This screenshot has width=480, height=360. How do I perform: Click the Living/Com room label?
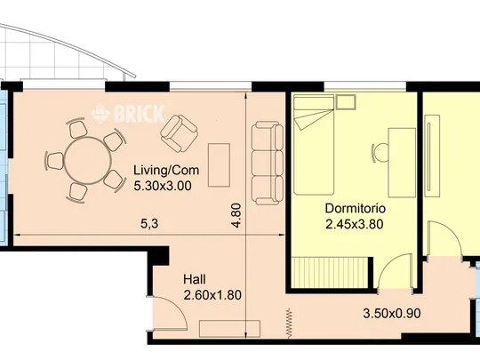pos(166,170)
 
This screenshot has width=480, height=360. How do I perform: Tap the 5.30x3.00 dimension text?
pos(163,186)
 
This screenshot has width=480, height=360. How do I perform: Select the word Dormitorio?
pos(355,209)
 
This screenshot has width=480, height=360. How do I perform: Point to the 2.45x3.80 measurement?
pos(354,224)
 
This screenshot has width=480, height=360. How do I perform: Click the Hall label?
pos(195,279)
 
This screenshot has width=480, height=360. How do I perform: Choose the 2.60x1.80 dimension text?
pos(212,295)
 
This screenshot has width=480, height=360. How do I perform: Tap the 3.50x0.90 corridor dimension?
pos(392,314)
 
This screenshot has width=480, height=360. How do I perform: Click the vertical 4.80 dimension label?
pos(236,215)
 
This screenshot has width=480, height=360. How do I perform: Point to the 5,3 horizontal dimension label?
pos(149,224)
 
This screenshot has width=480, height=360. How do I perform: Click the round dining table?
pos(88,161)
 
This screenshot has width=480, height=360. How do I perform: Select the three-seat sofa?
pos(268,164)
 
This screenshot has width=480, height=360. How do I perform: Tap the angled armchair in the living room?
pos(179,133)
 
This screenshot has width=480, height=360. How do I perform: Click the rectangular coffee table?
pos(219,165)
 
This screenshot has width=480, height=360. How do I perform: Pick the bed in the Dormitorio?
pos(314,145)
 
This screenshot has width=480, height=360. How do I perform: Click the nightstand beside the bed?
pos(346,102)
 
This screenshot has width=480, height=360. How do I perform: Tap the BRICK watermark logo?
pos(128,114)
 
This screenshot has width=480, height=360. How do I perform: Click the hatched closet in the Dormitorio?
pos(330,273)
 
